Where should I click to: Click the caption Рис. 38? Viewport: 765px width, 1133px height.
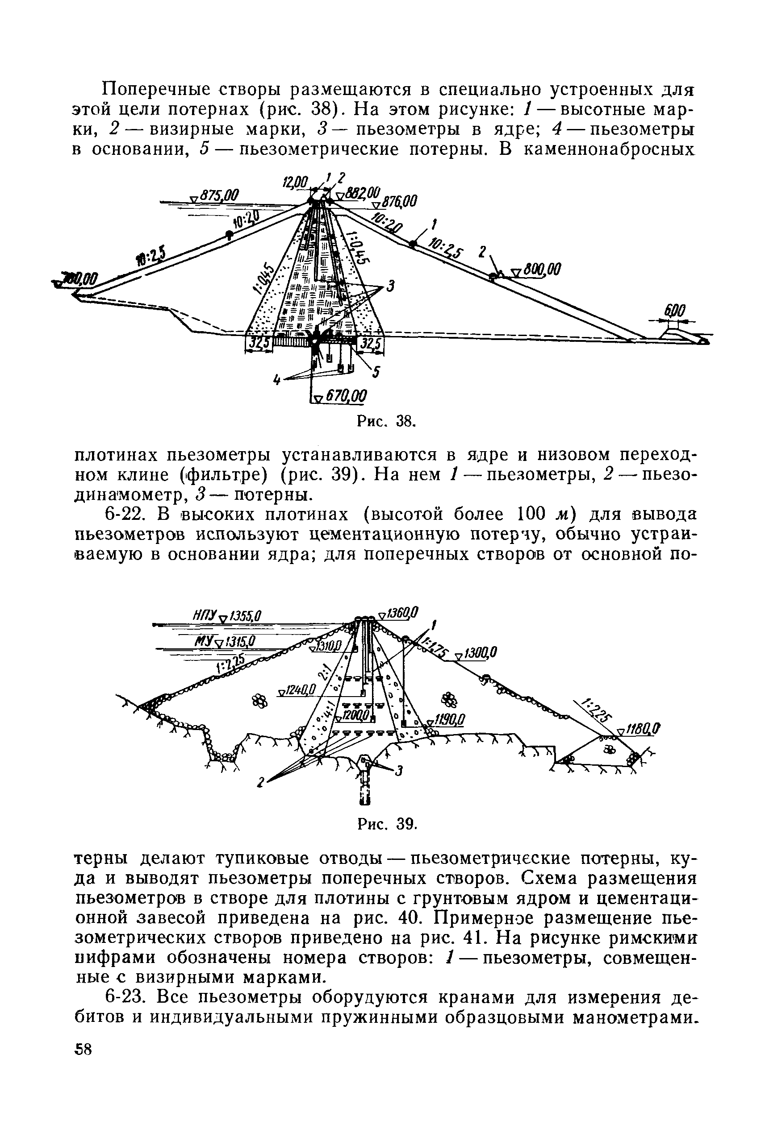pyautogui.click(x=386, y=421)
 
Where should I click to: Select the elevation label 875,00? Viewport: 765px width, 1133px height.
pyautogui.click(x=218, y=195)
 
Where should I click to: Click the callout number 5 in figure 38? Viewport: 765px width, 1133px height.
pyautogui.click(x=376, y=373)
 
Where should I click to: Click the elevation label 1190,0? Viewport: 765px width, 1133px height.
pyautogui.click(x=447, y=720)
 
